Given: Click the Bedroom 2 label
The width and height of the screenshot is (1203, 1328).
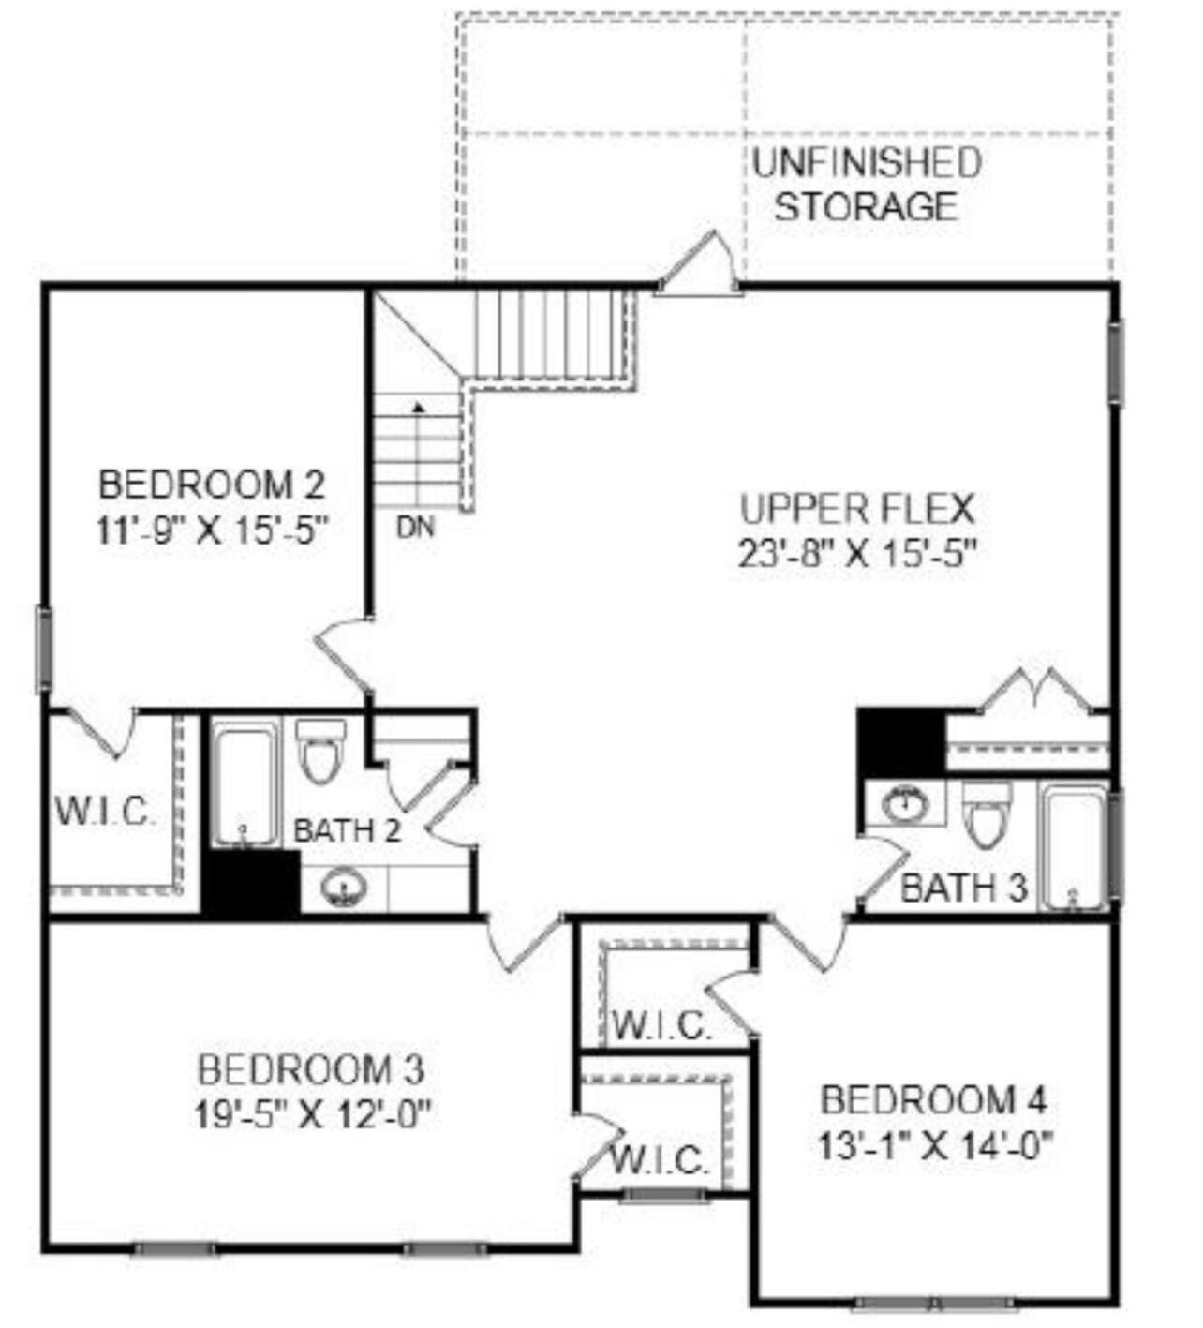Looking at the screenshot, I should (x=212, y=485).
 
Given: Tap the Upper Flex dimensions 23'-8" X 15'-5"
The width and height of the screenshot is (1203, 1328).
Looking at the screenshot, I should (x=857, y=554).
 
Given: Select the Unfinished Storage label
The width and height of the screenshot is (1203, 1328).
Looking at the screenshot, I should (x=866, y=185).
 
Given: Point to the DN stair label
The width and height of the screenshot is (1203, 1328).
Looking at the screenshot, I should (x=415, y=528).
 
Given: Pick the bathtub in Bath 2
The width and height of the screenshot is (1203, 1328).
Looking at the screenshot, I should (x=245, y=785).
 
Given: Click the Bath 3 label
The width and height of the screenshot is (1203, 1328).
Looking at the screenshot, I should (x=963, y=887).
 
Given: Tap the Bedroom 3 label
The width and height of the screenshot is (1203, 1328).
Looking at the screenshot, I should (x=311, y=1068).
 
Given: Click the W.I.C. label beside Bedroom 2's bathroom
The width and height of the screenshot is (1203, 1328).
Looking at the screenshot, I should (x=104, y=811).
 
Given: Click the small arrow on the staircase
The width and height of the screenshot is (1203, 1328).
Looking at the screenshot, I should (x=419, y=408).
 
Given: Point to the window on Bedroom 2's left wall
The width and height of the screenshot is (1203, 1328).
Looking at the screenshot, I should (x=43, y=649).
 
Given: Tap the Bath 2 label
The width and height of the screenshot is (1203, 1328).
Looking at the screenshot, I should (x=348, y=830).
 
